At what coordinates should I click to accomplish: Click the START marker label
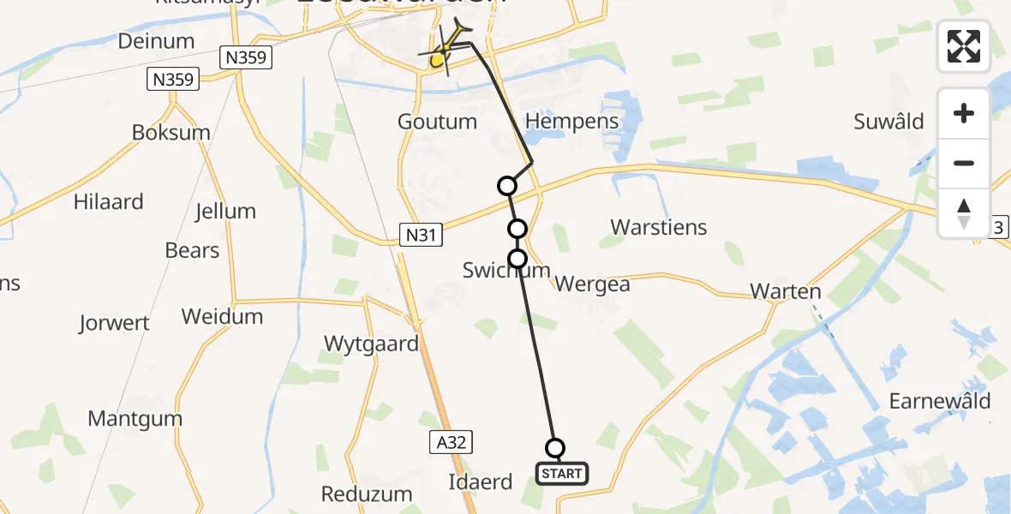tap(562, 473)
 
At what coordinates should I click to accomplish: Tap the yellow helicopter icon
tap(445, 48)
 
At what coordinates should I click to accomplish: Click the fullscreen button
tap(964, 46)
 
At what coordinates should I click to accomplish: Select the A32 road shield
tap(450, 442)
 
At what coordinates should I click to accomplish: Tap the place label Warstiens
tap(659, 227)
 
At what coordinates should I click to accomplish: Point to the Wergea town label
tap(593, 284)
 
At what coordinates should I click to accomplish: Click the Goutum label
tap(437, 122)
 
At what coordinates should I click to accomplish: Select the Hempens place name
tap(571, 122)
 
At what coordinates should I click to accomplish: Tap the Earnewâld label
tap(940, 401)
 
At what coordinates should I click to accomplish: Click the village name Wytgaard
tap(371, 344)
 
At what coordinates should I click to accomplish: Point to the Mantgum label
tap(135, 419)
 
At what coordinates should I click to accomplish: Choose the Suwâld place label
tap(888, 122)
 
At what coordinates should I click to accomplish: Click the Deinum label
tap(157, 41)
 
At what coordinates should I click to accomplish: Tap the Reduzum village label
tap(367, 494)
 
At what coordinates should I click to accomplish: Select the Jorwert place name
tap(114, 324)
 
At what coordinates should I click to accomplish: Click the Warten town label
tap(786, 291)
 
